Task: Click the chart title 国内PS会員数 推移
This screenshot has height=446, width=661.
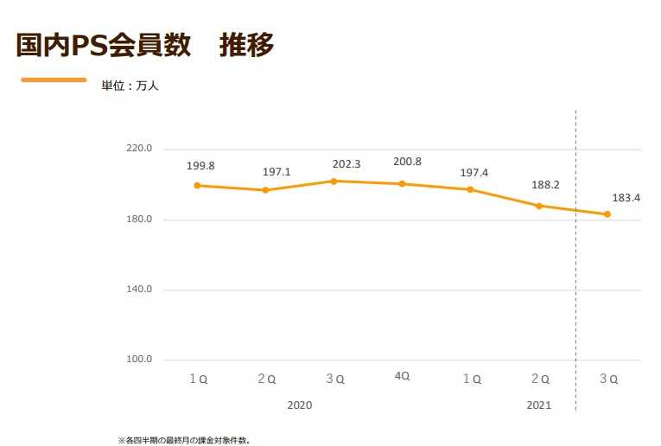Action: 144,45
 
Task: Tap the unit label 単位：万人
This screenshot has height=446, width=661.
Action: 130,86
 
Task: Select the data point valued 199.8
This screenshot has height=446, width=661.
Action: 197,185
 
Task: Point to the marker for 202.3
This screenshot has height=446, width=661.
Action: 334,181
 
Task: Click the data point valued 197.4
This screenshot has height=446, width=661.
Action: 470,189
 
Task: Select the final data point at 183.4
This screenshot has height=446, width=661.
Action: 607,214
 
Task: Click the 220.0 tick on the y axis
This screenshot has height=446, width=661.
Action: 139,149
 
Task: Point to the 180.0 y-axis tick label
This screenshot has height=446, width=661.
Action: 139,220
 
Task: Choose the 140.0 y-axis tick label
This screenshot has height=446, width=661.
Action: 139,290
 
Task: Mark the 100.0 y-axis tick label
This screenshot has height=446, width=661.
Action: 139,360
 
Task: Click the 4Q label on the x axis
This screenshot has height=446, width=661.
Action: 402,376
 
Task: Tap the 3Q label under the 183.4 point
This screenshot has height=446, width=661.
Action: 608,379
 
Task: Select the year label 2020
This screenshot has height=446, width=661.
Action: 299,405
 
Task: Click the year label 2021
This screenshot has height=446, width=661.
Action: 538,405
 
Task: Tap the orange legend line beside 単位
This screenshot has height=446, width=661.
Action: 54,80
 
